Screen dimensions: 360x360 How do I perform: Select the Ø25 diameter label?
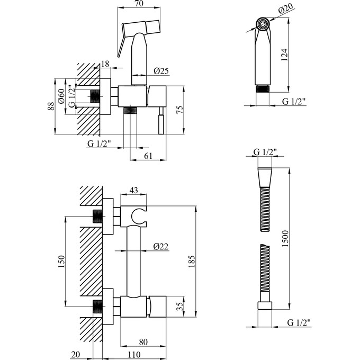click(161, 71)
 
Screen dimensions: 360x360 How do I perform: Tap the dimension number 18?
click(105, 64)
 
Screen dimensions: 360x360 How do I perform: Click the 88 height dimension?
click(51, 106)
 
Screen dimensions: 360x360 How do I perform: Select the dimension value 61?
click(149, 155)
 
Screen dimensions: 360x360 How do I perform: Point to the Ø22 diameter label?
click(161, 246)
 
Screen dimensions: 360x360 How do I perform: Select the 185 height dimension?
click(192, 259)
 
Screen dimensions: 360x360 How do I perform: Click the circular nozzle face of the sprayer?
click(262, 24)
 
